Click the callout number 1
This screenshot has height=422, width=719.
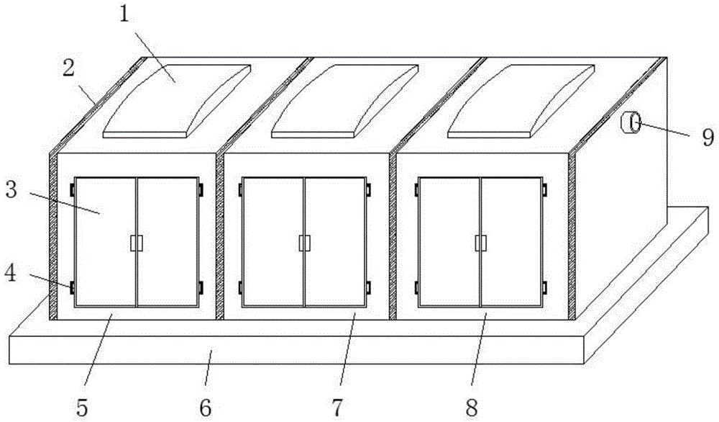[124, 14]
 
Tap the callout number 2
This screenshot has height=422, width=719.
[68, 68]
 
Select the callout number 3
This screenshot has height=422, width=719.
[12, 189]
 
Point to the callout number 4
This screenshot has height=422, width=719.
[11, 273]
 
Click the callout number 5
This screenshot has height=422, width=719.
[82, 407]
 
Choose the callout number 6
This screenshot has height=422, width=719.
[206, 407]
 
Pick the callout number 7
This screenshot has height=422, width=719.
[337, 407]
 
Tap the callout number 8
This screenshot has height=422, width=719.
[472, 407]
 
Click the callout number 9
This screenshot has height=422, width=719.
[708, 137]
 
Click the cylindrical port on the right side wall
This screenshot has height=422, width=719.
[631, 122]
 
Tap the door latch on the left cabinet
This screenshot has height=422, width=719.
[136, 243]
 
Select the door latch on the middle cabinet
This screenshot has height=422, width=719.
[304, 243]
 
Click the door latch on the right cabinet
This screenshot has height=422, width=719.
[480, 243]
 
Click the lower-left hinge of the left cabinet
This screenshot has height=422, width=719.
[72, 287]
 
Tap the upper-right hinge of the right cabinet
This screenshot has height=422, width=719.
[544, 189]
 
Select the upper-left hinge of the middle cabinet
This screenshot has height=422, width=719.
[240, 189]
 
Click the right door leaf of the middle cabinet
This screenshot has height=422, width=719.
[335, 241]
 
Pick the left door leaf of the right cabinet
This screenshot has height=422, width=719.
[450, 241]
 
